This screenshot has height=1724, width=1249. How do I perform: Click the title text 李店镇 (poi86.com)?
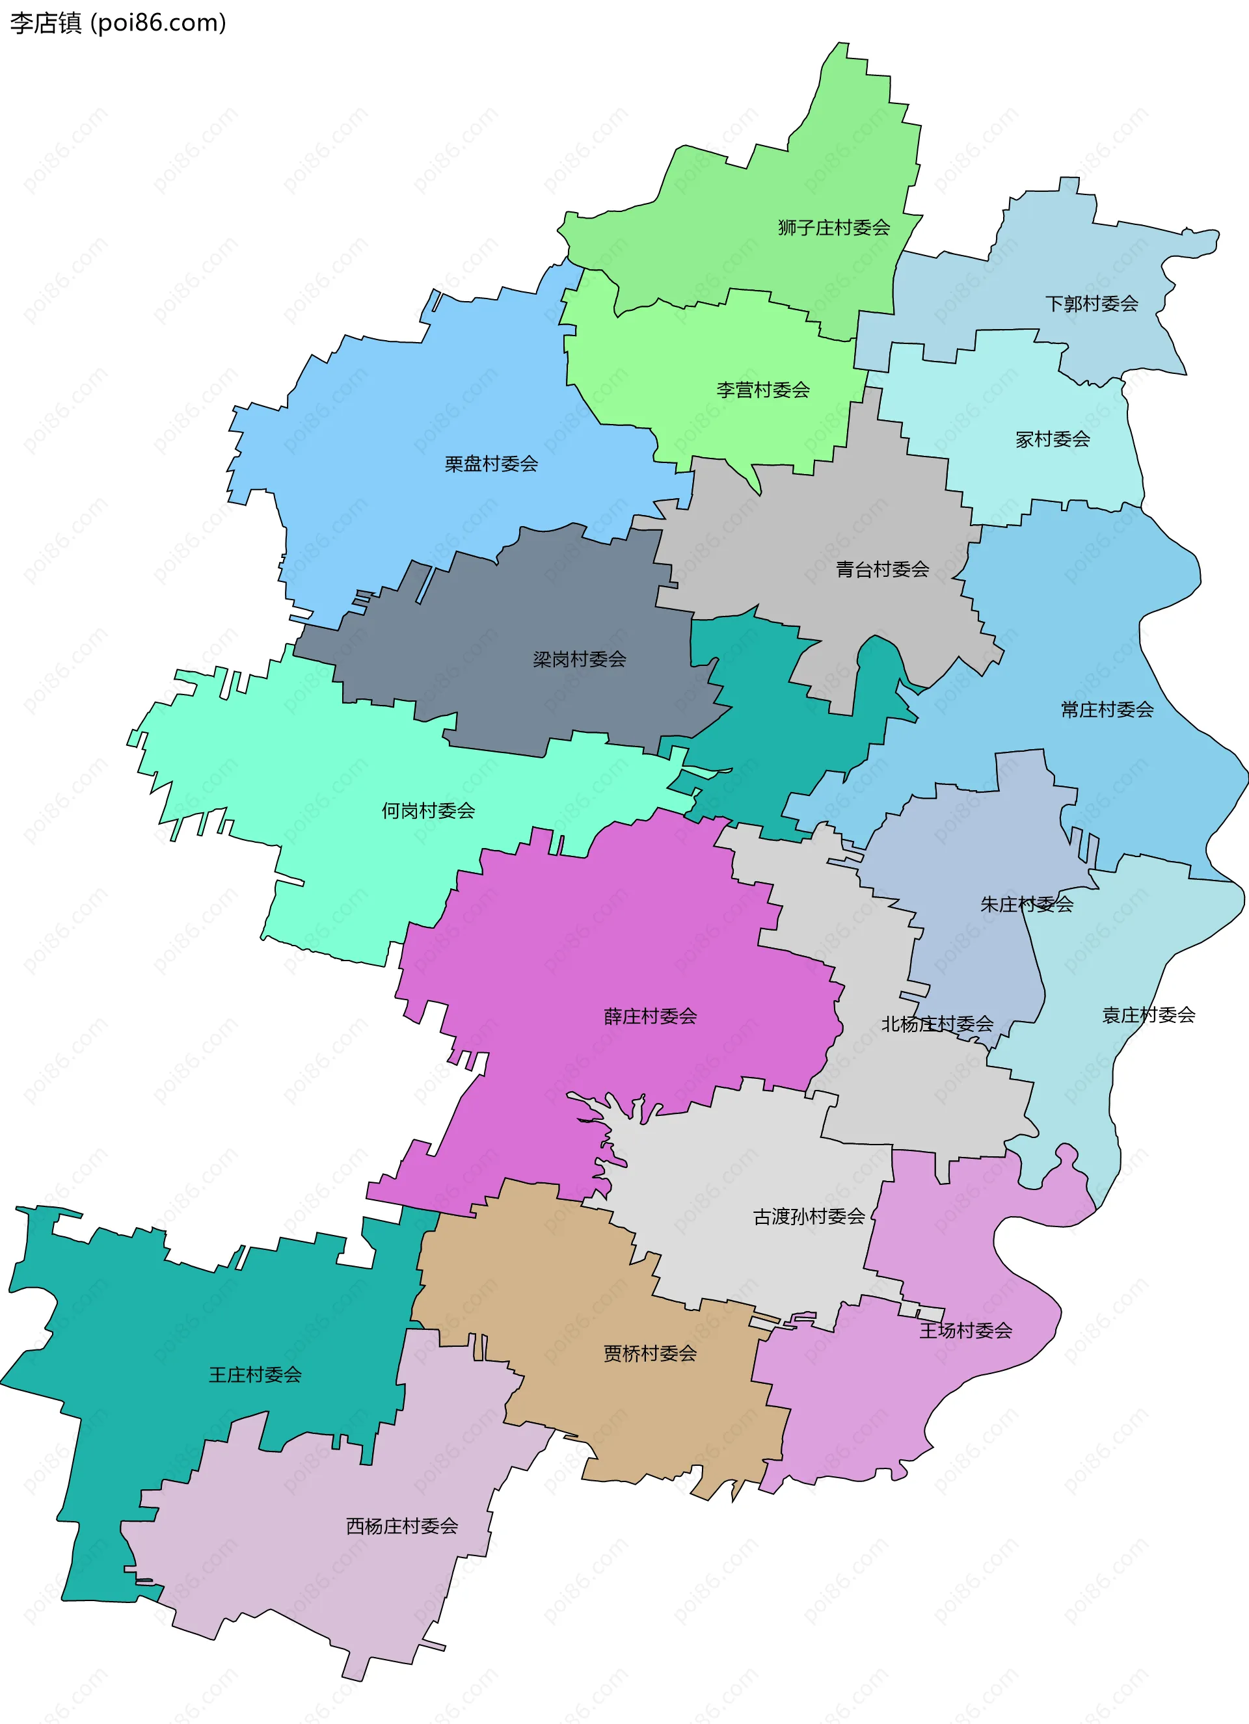pyautogui.click(x=118, y=23)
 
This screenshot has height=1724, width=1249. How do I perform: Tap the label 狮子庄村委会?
pyautogui.click(x=833, y=227)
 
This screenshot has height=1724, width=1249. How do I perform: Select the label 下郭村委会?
pyautogui.click(x=1091, y=304)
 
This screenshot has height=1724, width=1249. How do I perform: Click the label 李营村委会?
pyautogui.click(x=762, y=390)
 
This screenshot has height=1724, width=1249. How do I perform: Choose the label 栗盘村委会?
pyautogui.click(x=491, y=464)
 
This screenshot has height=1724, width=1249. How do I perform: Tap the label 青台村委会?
pyautogui.click(x=882, y=569)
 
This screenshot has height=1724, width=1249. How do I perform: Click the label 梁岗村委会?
pyautogui.click(x=579, y=659)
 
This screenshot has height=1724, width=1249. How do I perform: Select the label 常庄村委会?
pyautogui.click(x=1107, y=710)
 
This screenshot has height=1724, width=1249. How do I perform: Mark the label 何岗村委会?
pyautogui.click(x=428, y=811)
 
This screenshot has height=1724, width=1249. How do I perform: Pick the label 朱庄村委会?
pyautogui.click(x=1027, y=905)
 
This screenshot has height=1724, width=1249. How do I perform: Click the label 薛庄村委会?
pyautogui.click(x=650, y=1016)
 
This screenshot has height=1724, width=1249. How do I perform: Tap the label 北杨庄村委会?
pyautogui.click(x=937, y=1024)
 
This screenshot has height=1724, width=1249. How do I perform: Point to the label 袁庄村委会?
pyautogui.click(x=1148, y=1015)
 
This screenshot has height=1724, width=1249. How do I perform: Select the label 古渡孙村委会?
pyautogui.click(x=809, y=1217)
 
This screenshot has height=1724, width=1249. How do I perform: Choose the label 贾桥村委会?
pyautogui.click(x=650, y=1354)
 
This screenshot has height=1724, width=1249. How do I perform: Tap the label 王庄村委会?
pyautogui.click(x=256, y=1374)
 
